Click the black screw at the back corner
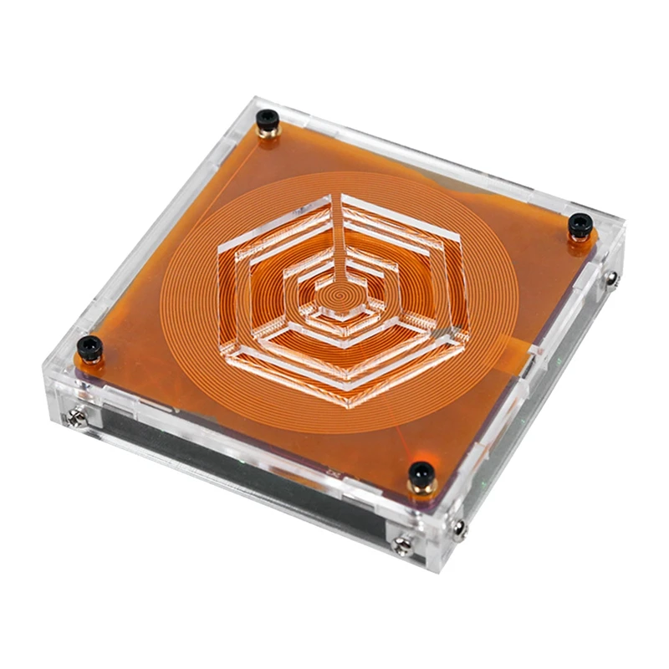click(267, 117)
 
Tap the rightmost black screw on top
click(580, 224)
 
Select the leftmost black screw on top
click(89, 345)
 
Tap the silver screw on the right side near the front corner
click(458, 527)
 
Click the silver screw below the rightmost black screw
click(613, 277)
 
